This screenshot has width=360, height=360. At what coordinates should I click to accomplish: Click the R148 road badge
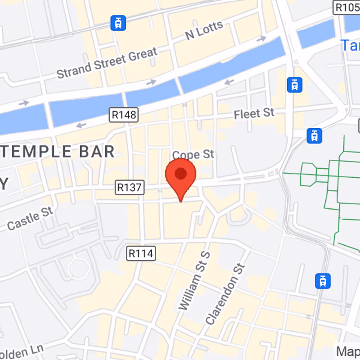click(x=124, y=115)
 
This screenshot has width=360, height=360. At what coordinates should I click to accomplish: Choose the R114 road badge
click(x=141, y=253)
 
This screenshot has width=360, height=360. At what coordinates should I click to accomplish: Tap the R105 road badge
click(x=346, y=7)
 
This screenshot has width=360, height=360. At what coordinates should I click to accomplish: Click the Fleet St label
click(x=254, y=113)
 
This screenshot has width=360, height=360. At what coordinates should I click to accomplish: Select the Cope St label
click(x=193, y=154)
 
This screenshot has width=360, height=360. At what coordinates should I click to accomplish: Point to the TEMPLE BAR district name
click(x=58, y=152)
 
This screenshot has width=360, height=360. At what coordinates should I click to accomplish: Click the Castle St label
click(x=30, y=218)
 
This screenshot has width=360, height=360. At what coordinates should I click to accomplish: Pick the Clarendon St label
click(x=225, y=294)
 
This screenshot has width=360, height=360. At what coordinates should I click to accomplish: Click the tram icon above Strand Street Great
click(x=118, y=22)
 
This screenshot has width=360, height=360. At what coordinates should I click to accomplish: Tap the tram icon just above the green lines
click(x=314, y=135)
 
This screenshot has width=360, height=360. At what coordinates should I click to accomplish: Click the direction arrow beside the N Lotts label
click(x=261, y=39)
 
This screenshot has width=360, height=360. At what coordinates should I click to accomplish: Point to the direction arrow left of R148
click(x=81, y=125)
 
